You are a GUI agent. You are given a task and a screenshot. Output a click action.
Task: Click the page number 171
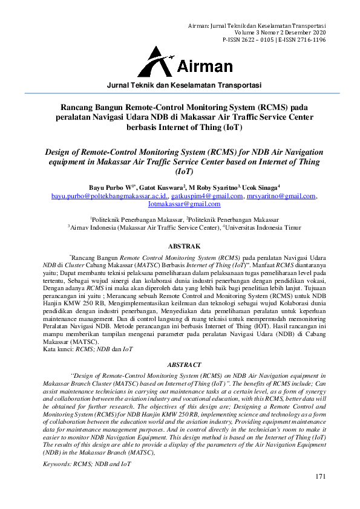[321, 477]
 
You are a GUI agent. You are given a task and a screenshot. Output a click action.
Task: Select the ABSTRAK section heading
[180, 246]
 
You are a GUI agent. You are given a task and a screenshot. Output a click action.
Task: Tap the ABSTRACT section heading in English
[180, 365]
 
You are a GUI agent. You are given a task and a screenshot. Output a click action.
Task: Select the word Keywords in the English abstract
[58, 463]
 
